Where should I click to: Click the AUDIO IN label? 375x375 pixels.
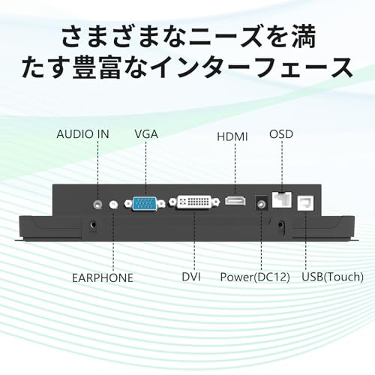tap(82, 134)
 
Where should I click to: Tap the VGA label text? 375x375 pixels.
tap(146, 134)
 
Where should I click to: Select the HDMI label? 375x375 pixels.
tap(232, 136)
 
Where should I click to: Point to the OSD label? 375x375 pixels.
tap(281, 134)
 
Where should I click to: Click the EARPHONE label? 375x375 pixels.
tap(103, 278)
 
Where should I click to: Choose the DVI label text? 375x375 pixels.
tap(191, 277)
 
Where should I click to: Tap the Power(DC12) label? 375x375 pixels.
tap(255, 277)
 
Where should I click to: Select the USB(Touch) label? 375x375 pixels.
tap(333, 277)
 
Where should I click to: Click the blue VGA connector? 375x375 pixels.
tap(145, 204)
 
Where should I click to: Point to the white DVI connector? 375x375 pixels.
tap(194, 202)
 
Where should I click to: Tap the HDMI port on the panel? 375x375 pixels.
tap(235, 201)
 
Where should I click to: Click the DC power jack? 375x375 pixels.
tap(261, 203)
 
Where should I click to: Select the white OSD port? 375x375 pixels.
tap(281, 199)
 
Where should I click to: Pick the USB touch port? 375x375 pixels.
tap(305, 203)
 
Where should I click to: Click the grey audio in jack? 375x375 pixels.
tap(97, 205)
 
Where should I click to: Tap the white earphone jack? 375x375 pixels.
tap(113, 205)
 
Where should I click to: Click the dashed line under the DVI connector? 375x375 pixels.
tap(194, 240)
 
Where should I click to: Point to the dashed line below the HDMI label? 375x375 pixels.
tap(235, 170)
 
